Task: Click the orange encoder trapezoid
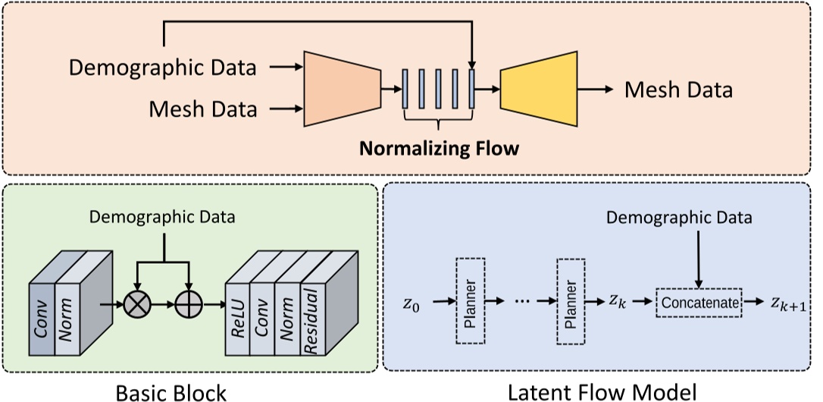[341, 90]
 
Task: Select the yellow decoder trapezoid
[539, 90]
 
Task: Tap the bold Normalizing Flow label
[439, 148]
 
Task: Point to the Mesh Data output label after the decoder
[678, 90]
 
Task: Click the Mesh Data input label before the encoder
[202, 109]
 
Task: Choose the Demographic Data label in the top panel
[163, 68]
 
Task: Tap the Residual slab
[312, 319]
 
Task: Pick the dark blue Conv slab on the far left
[42, 319]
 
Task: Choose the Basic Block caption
[171, 392]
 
